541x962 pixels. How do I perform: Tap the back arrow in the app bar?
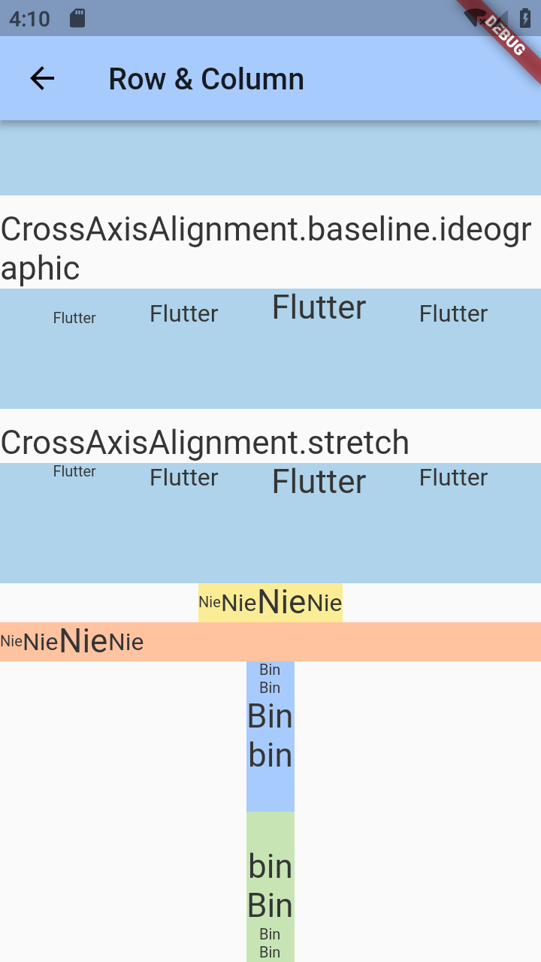[42, 78]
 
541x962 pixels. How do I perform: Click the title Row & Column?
[206, 79]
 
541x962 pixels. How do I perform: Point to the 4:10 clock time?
[29, 18]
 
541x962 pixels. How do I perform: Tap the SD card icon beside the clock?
[77, 18]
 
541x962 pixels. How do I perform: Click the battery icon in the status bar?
[525, 18]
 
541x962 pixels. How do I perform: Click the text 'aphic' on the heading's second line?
[41, 268]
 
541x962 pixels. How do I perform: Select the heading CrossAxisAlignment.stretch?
[204, 443]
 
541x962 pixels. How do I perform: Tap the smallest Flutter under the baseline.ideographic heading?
[74, 318]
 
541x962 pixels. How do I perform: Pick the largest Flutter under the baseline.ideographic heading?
[319, 307]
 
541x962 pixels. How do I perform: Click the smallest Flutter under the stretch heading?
[74, 471]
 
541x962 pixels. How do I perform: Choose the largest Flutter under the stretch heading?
[319, 482]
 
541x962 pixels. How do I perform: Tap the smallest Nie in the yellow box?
[210, 602]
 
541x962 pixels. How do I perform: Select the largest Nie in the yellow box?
[282, 602]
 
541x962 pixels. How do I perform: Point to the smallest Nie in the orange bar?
[11, 641]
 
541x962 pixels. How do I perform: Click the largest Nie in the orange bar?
[83, 641]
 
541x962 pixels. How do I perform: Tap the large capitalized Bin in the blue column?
[270, 716]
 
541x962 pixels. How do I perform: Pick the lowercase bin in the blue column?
[270, 755]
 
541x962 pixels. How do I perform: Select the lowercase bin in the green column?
[270, 867]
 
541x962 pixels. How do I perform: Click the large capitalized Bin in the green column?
[270, 906]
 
